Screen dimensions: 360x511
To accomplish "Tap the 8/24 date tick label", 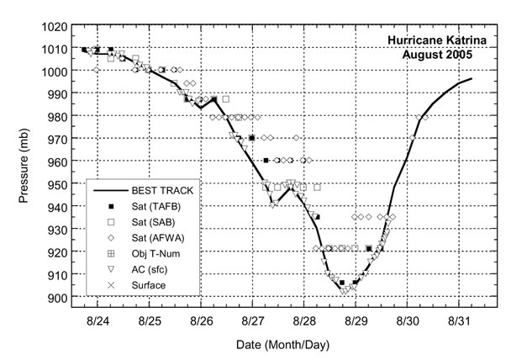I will [97, 321].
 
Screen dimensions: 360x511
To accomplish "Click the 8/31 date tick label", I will [459, 321].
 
